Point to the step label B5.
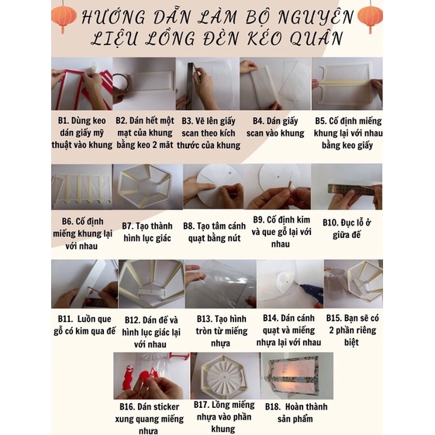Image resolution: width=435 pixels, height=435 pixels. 326,122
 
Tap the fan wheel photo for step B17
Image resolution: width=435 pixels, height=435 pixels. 223,377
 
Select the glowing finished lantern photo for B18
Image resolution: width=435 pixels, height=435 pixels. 296,376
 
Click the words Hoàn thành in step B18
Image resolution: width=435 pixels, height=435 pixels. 304,406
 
